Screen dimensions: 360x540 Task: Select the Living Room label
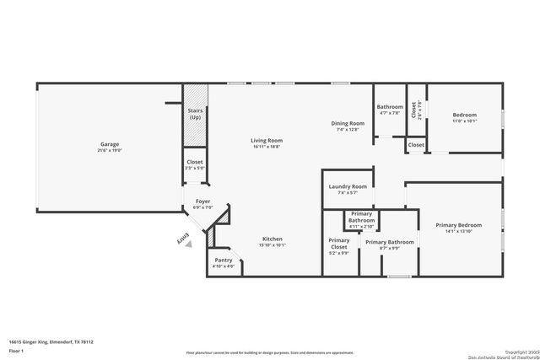click(266, 140)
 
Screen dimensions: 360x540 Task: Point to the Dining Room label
click(348, 124)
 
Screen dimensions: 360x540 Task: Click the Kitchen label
click(272, 239)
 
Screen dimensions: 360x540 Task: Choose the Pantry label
click(223, 261)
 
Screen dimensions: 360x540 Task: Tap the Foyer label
click(202, 201)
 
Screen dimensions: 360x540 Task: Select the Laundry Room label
click(347, 186)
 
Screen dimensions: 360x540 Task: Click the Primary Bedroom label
click(458, 225)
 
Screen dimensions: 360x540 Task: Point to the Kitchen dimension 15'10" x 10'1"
click(272, 245)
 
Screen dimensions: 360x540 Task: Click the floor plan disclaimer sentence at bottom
click(270, 352)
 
